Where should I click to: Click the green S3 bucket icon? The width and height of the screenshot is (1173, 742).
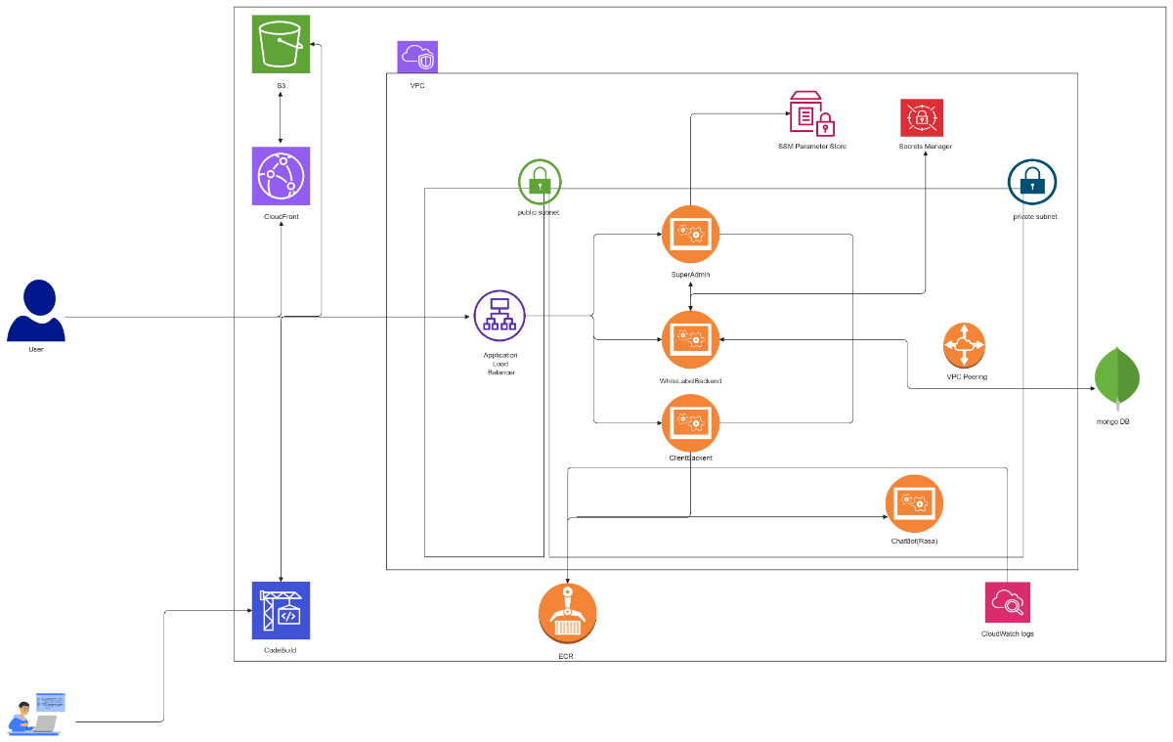281,44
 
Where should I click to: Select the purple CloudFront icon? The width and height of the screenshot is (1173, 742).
281,176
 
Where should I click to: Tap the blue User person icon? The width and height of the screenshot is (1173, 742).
36,311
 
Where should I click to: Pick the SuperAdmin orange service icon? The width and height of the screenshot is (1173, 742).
690,234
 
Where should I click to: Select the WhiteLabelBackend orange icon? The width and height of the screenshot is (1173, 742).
690,339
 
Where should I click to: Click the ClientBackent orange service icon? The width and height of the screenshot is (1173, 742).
690,422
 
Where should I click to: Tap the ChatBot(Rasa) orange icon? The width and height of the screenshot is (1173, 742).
914,503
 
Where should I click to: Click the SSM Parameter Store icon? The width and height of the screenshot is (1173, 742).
812,113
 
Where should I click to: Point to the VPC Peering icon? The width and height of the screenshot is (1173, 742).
965,345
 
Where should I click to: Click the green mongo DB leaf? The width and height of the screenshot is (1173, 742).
1116,376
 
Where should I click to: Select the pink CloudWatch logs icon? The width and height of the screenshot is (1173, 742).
1007,602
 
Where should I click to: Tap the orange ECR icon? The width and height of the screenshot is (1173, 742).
567,612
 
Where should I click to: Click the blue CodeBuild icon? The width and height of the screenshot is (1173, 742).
281,610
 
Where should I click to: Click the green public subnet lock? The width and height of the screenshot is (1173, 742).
540,182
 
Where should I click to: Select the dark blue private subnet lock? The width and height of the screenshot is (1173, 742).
1032,183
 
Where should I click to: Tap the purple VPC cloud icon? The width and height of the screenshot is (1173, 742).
417,57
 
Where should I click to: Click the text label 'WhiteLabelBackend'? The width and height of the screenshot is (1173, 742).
690,380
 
